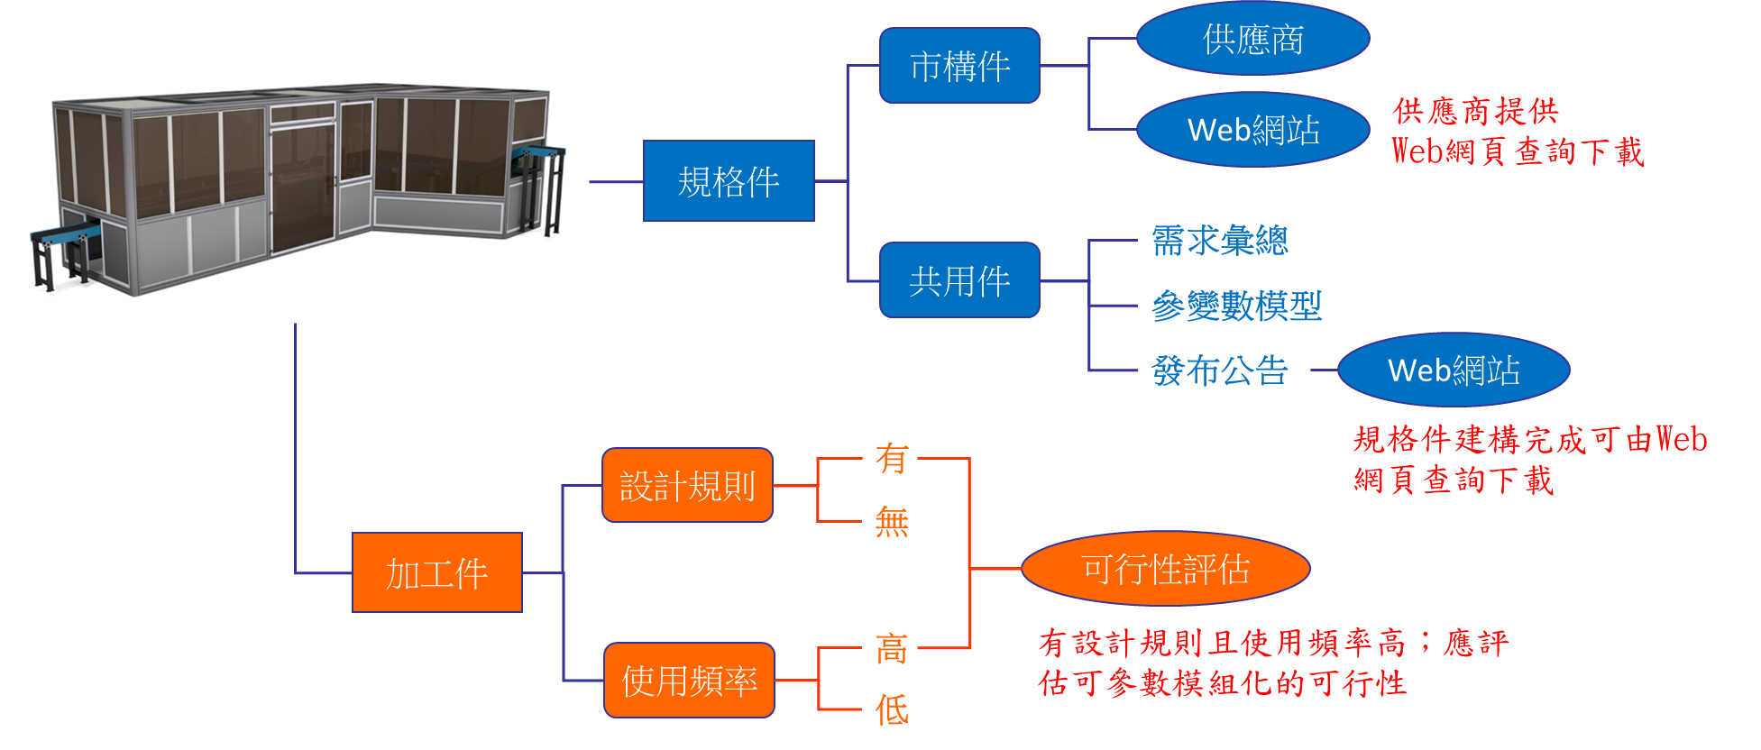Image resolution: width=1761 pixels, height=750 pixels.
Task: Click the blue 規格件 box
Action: click(729, 181)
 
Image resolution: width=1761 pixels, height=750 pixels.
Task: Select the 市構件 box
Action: click(959, 66)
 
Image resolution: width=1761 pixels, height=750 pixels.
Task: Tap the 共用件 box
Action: click(959, 280)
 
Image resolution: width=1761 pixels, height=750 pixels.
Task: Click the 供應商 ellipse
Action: click(1253, 39)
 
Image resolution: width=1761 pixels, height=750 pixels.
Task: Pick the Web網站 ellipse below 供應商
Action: click(1253, 130)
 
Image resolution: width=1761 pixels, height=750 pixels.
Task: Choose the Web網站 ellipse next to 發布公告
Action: click(1454, 370)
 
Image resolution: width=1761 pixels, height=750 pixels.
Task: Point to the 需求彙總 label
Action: click(1220, 241)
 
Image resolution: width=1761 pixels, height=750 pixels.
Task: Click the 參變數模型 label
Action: click(1236, 306)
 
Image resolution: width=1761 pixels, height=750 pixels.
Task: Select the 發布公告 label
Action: click(1220, 370)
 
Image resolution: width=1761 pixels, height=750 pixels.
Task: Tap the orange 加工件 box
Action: click(437, 573)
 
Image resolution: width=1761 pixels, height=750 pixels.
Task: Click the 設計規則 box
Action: click(687, 486)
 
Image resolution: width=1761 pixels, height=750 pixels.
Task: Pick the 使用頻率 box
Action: click(689, 681)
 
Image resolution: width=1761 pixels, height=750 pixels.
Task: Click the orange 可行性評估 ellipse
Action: click(1165, 569)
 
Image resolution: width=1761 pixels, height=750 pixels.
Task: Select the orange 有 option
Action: click(891, 458)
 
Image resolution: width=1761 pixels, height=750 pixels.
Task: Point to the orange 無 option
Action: click(891, 521)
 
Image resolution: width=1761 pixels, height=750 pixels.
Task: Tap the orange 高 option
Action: click(891, 648)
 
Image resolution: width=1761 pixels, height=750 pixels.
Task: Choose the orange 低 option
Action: click(891, 710)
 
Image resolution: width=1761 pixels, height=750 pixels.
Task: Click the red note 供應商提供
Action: click(1475, 112)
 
